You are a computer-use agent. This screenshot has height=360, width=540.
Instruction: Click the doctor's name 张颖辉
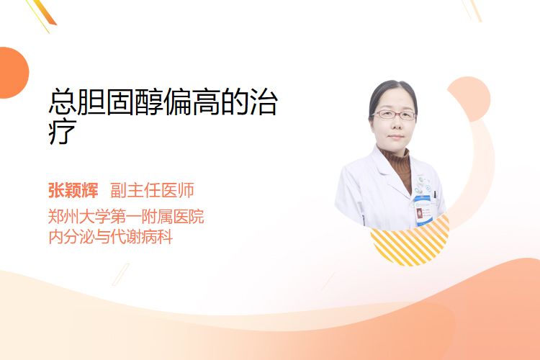point(73,191)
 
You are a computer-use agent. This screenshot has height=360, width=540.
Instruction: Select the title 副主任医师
point(152,191)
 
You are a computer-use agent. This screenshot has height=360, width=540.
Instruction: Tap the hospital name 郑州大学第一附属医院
point(126,217)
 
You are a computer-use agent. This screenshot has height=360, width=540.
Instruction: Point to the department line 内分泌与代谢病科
point(111,237)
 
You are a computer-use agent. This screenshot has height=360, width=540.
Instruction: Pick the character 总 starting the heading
point(62,102)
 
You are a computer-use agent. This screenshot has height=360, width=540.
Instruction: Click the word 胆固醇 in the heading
point(120,102)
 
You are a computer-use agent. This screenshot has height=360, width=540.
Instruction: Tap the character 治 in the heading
point(264,102)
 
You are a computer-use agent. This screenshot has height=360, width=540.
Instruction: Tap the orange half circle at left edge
point(13,73)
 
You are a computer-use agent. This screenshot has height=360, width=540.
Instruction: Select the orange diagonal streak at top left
point(44,12)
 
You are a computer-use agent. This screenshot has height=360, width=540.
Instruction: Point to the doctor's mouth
point(395,137)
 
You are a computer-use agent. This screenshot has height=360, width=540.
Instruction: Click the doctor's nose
point(395,125)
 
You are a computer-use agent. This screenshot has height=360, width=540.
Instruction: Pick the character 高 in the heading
point(206,102)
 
